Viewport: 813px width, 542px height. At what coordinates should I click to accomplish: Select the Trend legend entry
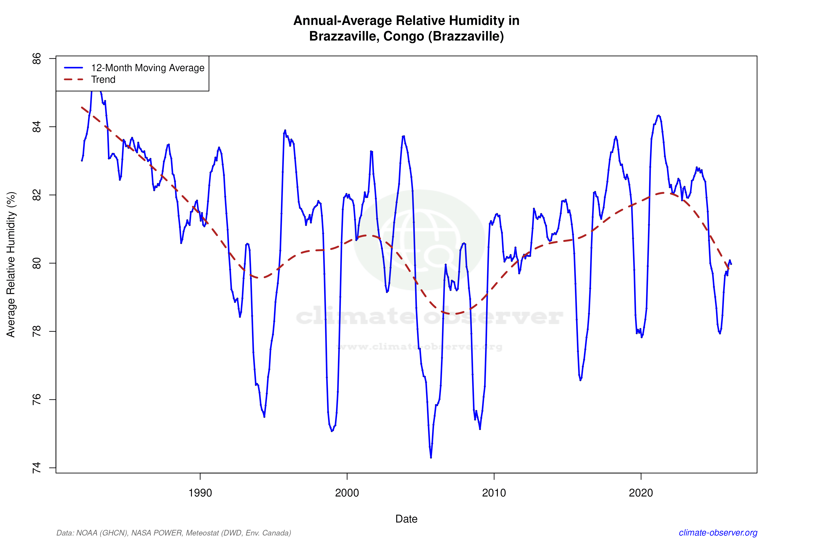pyautogui.click(x=103, y=80)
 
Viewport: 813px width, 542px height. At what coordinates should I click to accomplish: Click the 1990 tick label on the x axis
pyautogui.click(x=200, y=493)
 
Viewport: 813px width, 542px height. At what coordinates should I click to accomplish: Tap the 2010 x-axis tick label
pyautogui.click(x=494, y=493)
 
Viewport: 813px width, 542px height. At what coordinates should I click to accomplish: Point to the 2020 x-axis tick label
pyautogui.click(x=641, y=493)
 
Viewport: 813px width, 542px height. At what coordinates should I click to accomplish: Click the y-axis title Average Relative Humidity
pyautogui.click(x=11, y=264)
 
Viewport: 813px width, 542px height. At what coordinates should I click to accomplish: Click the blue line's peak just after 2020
pyautogui.click(x=659, y=116)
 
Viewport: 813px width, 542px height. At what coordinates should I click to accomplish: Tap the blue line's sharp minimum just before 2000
pyautogui.click(x=331, y=431)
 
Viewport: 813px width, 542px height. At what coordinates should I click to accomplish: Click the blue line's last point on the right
pyautogui.click(x=731, y=264)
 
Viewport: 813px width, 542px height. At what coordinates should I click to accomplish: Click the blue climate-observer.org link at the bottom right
pyautogui.click(x=718, y=533)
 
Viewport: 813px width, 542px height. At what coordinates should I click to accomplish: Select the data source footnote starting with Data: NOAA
pyautogui.click(x=173, y=533)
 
